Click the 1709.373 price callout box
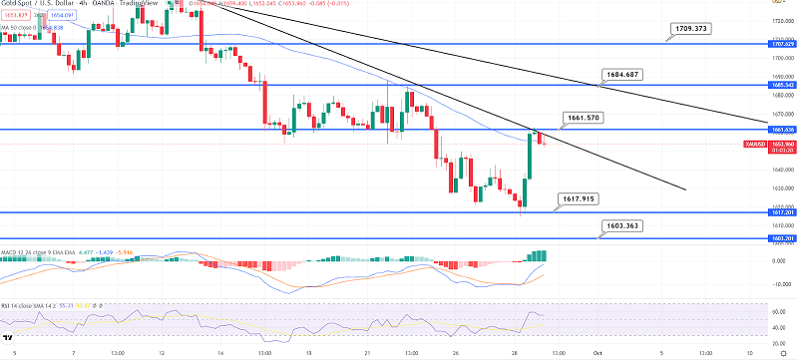pyautogui.click(x=690, y=28)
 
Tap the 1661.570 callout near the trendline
pyautogui.click(x=581, y=118)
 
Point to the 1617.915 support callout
pyautogui.click(x=580, y=198)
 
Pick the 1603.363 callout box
pyautogui.click(x=618, y=227)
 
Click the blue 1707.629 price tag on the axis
pyautogui.click(x=781, y=44)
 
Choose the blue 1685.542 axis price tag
pyautogui.click(x=781, y=85)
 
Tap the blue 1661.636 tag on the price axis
pyautogui.click(x=781, y=130)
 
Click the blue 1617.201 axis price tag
pyautogui.click(x=781, y=211)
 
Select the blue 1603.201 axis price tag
pyautogui.click(x=781, y=239)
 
